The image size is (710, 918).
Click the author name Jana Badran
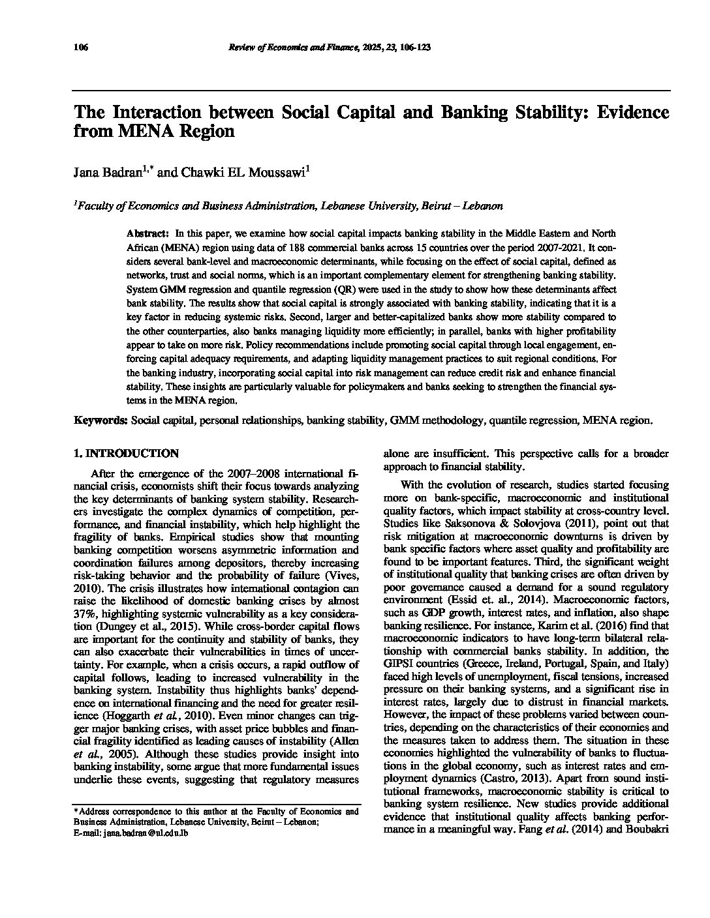pyautogui.click(x=106, y=173)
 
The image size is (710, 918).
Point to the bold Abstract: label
pyautogui.click(x=148, y=233)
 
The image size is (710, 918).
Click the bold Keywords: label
pyautogui.click(x=100, y=421)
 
